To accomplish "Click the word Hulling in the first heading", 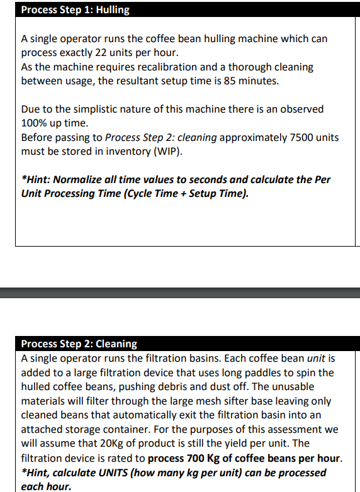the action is [113, 10].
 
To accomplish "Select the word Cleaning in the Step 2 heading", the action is [116, 344].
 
